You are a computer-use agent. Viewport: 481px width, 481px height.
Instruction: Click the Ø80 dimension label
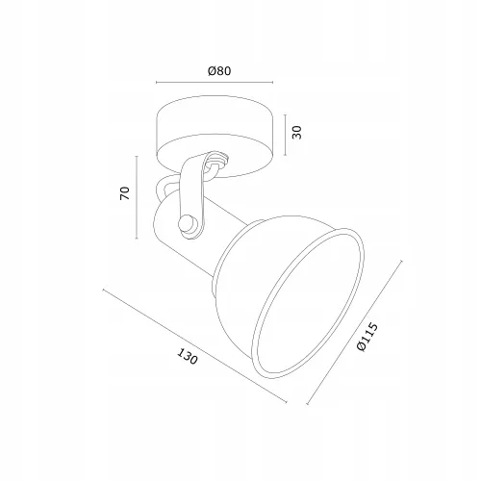tap(219, 70)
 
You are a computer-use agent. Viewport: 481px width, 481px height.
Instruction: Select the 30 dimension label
tap(297, 133)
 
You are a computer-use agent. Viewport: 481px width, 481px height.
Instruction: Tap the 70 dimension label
tap(125, 193)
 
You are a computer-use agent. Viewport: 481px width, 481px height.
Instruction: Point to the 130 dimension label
tap(188, 357)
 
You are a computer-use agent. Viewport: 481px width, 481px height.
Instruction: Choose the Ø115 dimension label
tap(367, 338)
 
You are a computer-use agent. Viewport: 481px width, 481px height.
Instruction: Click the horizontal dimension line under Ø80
tap(215, 83)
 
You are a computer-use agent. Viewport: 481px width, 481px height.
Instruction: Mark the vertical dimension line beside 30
tap(285, 135)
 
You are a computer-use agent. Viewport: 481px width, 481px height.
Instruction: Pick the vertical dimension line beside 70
tap(137, 197)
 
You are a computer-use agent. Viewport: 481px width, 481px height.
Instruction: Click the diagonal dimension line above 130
tap(194, 345)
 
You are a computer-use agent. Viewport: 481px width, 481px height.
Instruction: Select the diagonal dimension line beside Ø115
tap(354, 333)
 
